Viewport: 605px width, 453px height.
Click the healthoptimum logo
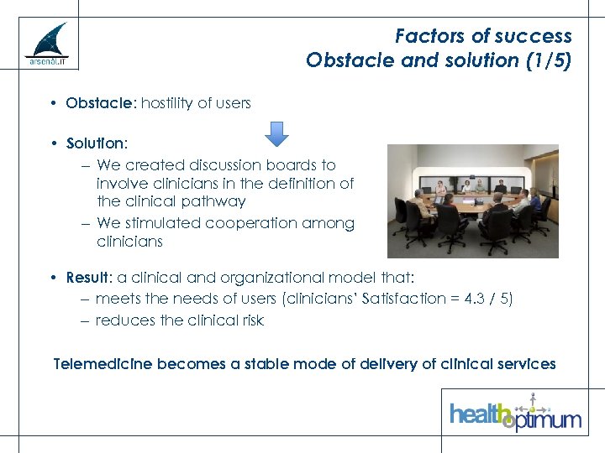[515, 413]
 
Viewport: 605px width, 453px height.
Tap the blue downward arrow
[276, 133]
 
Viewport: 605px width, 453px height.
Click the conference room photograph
[472, 200]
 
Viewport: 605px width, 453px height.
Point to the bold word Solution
[96, 143]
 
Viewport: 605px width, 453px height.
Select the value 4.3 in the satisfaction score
[478, 299]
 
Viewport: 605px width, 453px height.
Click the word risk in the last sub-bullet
[251, 320]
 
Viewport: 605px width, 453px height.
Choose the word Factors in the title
[426, 36]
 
